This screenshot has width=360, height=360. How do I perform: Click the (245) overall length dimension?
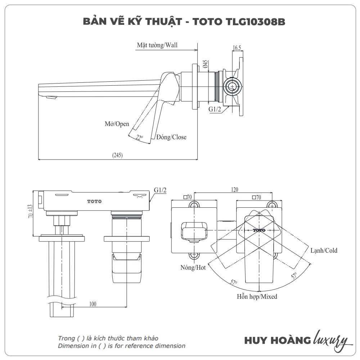(117, 155)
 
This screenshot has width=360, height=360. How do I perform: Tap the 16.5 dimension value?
(237, 48)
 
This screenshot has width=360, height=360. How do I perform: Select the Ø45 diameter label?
(205, 64)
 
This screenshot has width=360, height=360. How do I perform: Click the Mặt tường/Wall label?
(157, 45)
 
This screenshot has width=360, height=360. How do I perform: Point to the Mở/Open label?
(117, 124)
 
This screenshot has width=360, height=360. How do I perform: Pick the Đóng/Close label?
(171, 137)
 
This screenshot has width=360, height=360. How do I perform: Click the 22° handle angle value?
(139, 138)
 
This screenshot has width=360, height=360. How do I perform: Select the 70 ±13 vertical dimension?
(30, 211)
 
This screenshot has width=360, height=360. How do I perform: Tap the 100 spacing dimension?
(93, 304)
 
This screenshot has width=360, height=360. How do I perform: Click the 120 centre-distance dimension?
(234, 190)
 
